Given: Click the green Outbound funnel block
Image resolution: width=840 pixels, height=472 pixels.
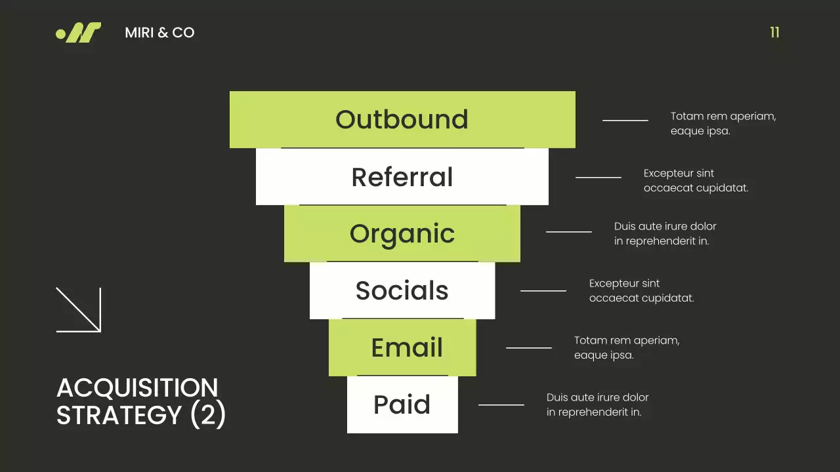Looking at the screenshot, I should [402, 119].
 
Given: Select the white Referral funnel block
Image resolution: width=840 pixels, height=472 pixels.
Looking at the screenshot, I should [402, 177].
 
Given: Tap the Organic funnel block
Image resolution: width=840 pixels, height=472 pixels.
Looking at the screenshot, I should [402, 233].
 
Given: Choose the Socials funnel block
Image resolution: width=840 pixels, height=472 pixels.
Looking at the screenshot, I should [402, 290].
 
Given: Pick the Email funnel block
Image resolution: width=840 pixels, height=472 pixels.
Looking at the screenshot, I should [402, 347].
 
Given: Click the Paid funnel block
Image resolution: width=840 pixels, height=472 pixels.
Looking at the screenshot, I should [402, 404].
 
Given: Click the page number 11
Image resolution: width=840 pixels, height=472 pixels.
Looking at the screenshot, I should [774, 33].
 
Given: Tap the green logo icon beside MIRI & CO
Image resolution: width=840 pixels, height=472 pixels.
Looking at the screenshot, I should [79, 33].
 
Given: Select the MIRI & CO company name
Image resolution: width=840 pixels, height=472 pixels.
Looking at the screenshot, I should [159, 33].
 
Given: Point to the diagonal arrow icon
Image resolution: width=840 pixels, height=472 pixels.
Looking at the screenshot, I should [78, 309].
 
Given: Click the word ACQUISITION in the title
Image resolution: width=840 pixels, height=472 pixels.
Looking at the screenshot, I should [137, 388].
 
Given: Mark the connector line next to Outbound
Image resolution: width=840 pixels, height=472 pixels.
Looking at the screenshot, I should [625, 121].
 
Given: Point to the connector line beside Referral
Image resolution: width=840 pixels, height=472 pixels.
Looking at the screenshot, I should [598, 177].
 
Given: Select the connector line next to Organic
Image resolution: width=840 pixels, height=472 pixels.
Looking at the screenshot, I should [568, 231].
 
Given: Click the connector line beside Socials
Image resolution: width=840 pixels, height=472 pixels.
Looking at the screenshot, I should [543, 290].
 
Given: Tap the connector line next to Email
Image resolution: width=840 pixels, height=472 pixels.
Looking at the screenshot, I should [528, 347].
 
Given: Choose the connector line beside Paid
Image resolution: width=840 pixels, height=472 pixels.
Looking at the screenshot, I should [501, 405].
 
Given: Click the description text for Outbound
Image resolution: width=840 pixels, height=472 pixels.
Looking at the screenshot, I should [723, 123].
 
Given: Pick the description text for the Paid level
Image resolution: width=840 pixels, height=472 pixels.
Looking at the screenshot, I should [597, 404].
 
